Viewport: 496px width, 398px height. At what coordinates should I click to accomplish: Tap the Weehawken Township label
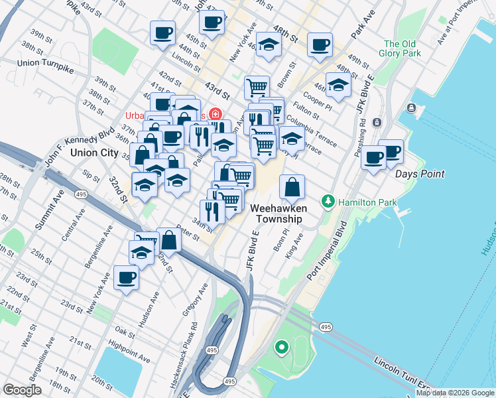click(277, 213)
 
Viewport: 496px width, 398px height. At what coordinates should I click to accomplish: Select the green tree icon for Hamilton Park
click(328, 200)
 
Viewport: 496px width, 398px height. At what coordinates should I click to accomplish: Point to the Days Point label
click(420, 174)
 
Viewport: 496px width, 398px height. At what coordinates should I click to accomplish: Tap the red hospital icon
click(215, 114)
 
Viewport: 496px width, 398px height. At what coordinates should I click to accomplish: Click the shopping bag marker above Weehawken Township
click(292, 188)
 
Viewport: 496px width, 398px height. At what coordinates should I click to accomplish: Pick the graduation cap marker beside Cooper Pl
click(338, 86)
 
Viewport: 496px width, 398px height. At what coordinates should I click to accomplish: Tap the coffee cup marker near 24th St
click(126, 278)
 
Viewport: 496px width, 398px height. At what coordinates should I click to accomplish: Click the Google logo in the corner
click(23, 390)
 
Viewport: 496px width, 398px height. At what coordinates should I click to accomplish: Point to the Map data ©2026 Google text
click(455, 393)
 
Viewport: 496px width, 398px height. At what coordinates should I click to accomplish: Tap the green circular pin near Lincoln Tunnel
click(281, 346)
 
